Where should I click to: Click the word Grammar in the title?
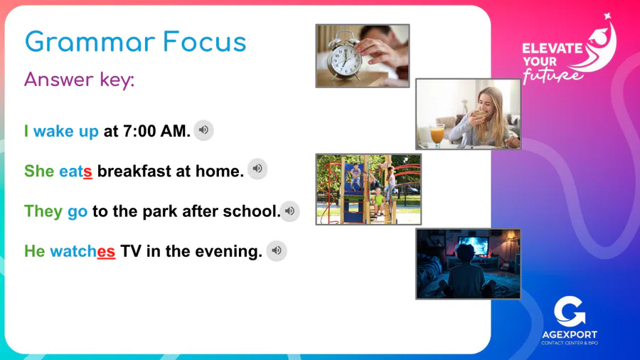tap(90, 42)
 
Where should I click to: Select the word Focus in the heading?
tap(205, 42)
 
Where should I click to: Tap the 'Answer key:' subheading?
tap(79, 79)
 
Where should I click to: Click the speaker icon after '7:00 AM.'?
tap(203, 130)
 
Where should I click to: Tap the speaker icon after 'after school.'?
tap(290, 211)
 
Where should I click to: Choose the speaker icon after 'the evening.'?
tap(277, 250)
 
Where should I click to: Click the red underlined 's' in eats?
tap(87, 172)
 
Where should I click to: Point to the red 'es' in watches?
tap(106, 251)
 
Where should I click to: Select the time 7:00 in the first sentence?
tap(139, 132)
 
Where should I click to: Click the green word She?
tap(39, 171)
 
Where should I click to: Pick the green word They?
tap(43, 211)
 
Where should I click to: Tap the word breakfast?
tap(134, 171)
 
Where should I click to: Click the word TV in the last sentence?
tap(131, 251)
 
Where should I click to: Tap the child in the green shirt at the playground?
tap(379, 201)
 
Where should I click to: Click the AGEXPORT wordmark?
tap(570, 334)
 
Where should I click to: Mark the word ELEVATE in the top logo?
tap(553, 49)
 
